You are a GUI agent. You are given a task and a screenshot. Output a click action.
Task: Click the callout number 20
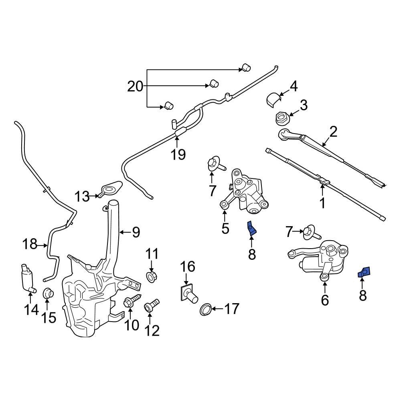pyautogui.click(x=135, y=86)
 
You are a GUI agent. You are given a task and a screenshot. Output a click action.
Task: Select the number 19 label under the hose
pyautogui.click(x=178, y=154)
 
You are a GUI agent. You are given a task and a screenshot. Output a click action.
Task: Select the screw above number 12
pyautogui.click(x=152, y=306)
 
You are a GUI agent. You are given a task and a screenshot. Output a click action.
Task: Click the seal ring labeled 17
pyautogui.click(x=205, y=309)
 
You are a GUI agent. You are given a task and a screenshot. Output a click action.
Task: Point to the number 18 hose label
pyautogui.click(x=30, y=244)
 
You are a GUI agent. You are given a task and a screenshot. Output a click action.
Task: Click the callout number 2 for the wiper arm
pyautogui.click(x=333, y=132)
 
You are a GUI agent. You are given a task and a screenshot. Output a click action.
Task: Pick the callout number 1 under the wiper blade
pyautogui.click(x=322, y=203)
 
